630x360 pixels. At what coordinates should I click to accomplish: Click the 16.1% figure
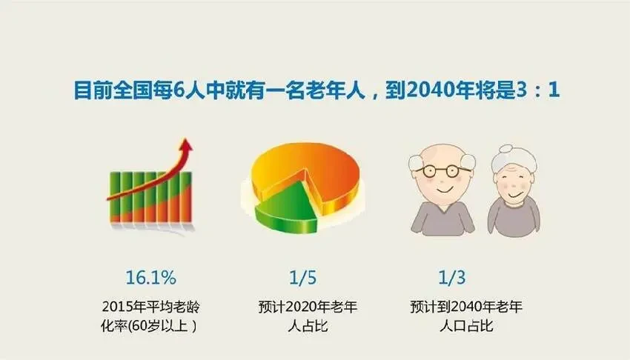pos(150,277)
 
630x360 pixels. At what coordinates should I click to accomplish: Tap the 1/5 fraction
pos(303,277)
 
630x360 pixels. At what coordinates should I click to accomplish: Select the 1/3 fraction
pos(451,277)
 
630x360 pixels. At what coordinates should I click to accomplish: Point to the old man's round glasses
pos(442,171)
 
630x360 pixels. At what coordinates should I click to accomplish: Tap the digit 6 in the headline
pos(179,90)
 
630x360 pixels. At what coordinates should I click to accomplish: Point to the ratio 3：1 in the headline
pos(537,90)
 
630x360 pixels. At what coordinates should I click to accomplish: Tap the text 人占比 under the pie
pos(308,325)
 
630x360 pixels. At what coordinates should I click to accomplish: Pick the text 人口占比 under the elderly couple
pos(466,325)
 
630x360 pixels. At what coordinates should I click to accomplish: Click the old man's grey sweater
pos(442,217)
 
